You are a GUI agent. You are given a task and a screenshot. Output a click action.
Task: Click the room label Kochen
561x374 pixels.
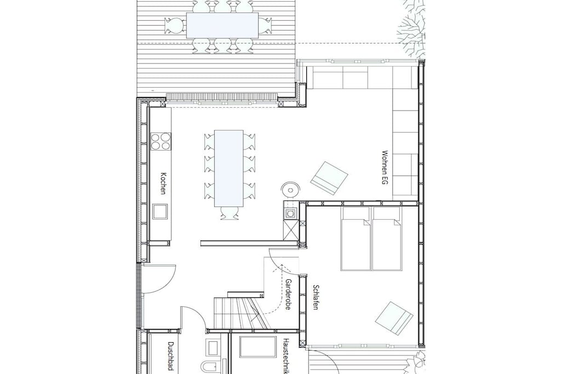click(163, 183)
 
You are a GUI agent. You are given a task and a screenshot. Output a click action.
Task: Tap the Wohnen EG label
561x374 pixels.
click(385, 168)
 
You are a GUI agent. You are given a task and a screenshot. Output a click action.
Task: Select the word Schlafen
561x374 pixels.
click(316, 297)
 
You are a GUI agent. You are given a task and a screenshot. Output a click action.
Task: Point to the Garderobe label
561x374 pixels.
click(288, 294)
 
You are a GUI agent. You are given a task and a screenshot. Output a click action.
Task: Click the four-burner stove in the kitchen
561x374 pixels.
click(161, 141)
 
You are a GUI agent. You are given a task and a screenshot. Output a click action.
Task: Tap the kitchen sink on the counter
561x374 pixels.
click(160, 212)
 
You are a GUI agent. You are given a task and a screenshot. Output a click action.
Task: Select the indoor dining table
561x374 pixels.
click(228, 169)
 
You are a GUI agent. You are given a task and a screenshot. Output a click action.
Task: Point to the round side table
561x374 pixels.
click(290, 189)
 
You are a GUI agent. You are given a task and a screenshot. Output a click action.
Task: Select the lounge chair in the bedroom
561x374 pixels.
click(394, 318)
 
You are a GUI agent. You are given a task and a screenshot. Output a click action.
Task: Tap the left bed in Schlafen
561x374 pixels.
click(356, 239)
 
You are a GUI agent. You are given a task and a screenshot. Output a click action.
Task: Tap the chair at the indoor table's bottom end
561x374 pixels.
click(228, 213)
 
